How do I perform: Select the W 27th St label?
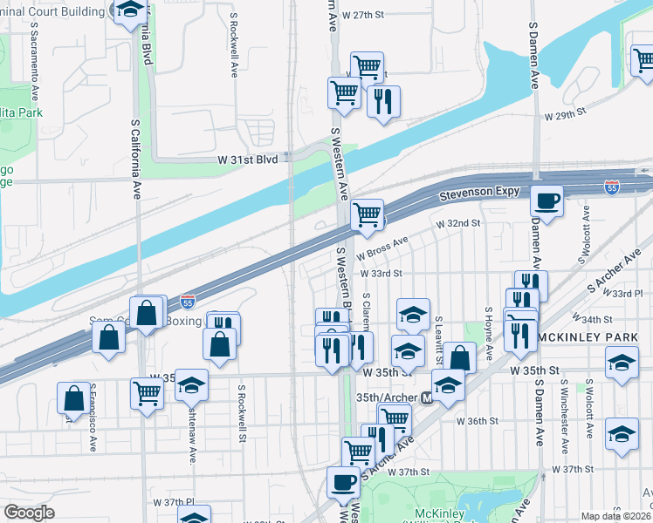(363, 16)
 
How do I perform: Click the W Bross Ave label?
(388, 247)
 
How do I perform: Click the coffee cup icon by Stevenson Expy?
(547, 200)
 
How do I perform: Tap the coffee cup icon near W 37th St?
(343, 481)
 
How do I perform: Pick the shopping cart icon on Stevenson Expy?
(368, 214)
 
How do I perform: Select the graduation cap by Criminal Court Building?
(130, 11)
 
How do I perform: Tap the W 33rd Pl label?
(629, 294)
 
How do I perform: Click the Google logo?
(29, 513)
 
